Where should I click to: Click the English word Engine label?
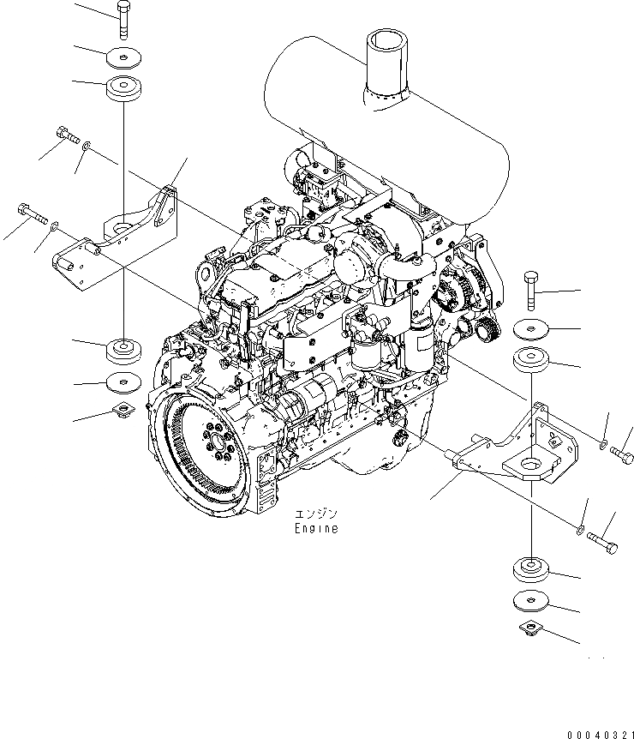[x=316, y=529]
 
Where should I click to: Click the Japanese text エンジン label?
[x=316, y=514]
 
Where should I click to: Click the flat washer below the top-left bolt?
[x=123, y=59]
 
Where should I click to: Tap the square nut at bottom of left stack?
[x=122, y=412]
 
